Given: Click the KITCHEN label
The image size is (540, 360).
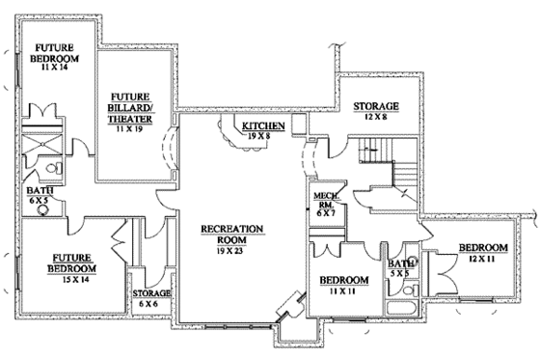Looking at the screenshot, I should [261, 127].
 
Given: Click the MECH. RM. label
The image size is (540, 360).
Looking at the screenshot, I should [322, 203].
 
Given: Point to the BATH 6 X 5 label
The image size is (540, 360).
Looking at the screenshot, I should [40, 197].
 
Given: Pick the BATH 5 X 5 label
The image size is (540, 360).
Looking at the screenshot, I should [401, 267].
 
